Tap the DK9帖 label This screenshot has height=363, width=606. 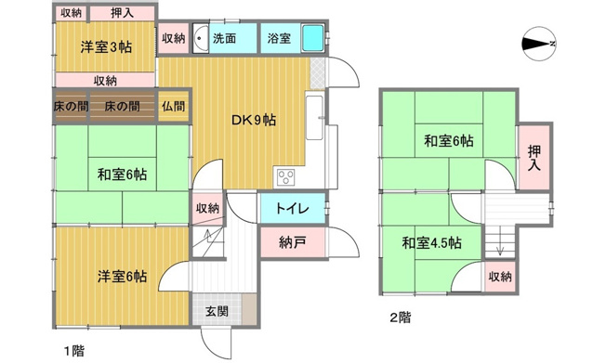253,120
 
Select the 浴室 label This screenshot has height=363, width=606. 279,39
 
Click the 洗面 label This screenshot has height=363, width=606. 225,39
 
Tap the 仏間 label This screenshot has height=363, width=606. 173,107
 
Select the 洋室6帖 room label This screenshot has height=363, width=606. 123,276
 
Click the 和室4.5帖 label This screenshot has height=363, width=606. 431,243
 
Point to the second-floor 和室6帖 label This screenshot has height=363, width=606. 449,141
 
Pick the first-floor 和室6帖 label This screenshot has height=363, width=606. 122,174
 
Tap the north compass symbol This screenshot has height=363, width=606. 539,44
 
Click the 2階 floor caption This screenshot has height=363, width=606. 400,318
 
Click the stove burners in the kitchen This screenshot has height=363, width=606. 284,177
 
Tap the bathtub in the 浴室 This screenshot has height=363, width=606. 313,40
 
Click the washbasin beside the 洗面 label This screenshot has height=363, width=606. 201,41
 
